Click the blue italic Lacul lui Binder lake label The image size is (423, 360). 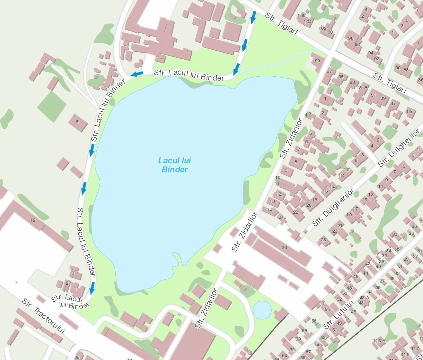(175, 165)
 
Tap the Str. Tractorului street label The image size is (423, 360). (44, 316)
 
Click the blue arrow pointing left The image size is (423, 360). (137, 74)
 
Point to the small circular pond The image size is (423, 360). (262, 309)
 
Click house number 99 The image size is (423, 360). (317, 61)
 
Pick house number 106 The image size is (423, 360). (301, 16)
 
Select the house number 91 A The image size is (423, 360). (363, 87)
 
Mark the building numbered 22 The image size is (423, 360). (296, 212)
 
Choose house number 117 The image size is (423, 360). (415, 349)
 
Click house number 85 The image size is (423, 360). (409, 112)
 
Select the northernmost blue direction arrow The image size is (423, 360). (253, 17)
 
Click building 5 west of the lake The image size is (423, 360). (77, 122)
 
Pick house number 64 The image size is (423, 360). (284, 355)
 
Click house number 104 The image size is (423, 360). (308, 22)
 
